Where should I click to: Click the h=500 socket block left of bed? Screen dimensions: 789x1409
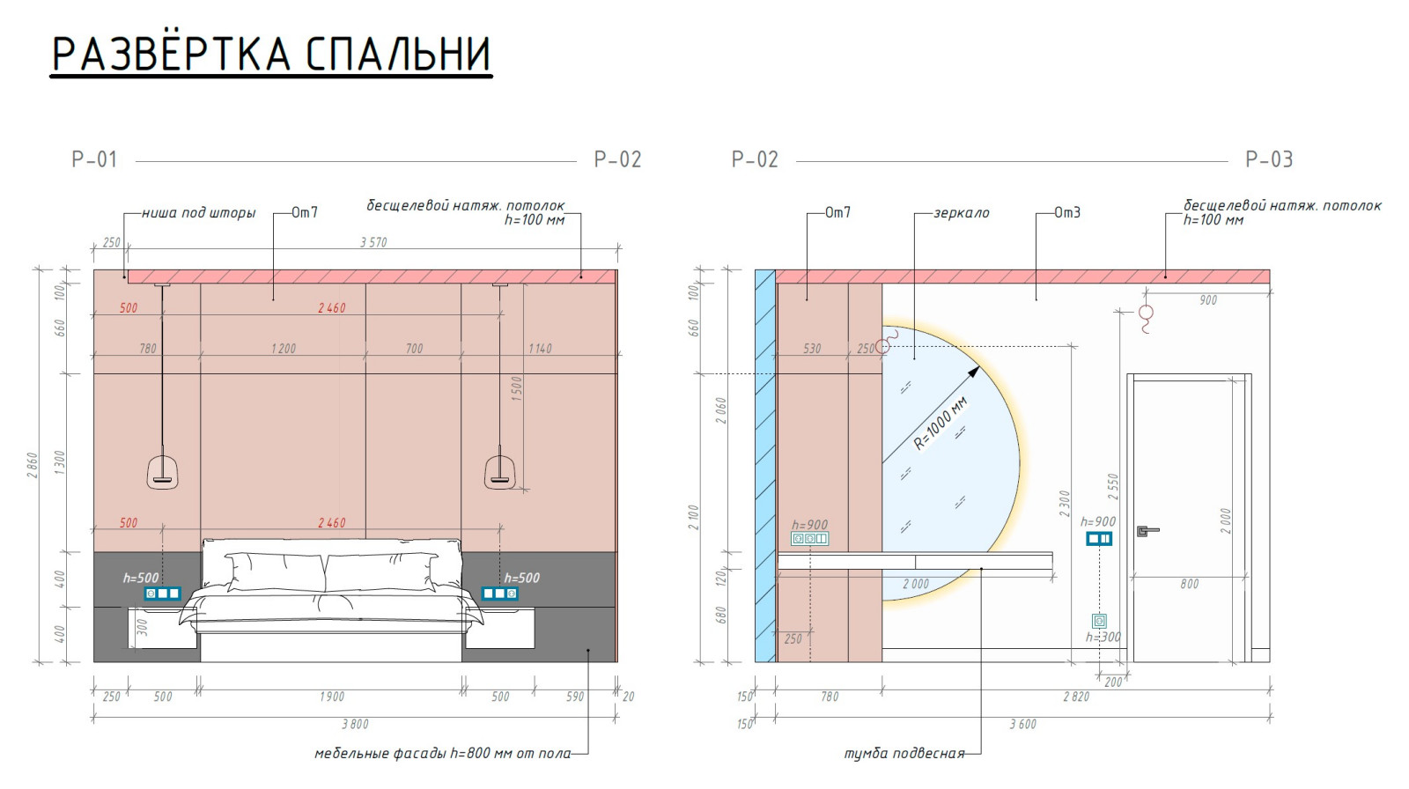tap(163, 594)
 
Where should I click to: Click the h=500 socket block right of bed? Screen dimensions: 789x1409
tap(499, 594)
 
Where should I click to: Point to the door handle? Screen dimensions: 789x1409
tap(1147, 531)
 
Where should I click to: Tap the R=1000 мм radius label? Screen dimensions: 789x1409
tap(941, 424)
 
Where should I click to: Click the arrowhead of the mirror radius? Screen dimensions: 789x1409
tap(973, 372)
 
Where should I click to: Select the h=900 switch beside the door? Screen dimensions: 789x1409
tap(1098, 538)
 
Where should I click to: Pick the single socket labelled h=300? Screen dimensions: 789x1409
tap(1099, 621)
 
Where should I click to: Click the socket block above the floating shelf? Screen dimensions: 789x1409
tap(809, 538)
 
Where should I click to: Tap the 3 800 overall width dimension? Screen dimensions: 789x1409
tap(355, 724)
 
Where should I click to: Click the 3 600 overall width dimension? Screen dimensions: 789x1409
tap(1022, 724)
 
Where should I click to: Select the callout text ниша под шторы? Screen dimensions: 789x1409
tap(198, 213)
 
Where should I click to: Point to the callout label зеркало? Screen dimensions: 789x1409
tap(961, 213)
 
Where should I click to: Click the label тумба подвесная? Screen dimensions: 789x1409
tap(904, 754)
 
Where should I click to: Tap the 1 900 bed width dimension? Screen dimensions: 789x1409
tap(331, 697)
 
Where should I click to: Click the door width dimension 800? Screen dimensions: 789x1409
tap(1189, 584)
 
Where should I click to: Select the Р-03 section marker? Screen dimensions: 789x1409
tap(1268, 159)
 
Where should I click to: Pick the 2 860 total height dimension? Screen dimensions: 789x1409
tap(33, 465)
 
